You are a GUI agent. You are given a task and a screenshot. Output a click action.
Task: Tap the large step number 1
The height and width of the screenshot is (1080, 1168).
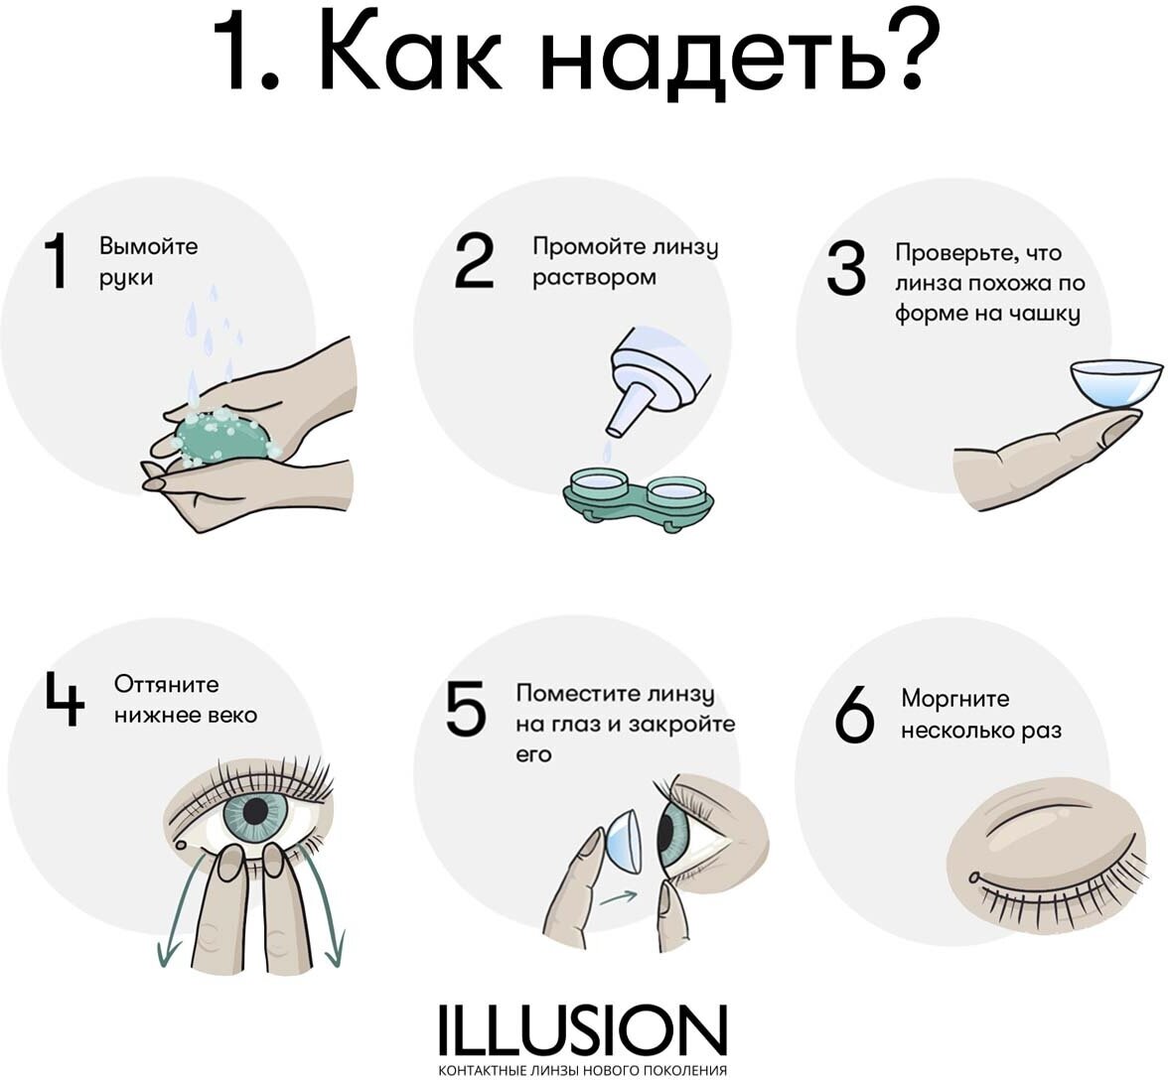[x=57, y=261]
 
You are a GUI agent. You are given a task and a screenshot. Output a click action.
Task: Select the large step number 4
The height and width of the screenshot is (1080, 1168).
[x=64, y=698]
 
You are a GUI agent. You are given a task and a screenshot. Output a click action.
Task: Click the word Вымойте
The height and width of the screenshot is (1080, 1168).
[x=149, y=245]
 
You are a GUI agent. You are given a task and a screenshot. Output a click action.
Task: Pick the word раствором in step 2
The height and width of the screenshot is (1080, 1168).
[x=594, y=278]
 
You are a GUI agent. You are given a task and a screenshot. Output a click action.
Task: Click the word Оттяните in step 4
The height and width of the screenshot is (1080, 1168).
[x=167, y=684]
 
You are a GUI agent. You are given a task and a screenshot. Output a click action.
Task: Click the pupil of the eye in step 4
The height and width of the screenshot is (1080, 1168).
[x=255, y=811]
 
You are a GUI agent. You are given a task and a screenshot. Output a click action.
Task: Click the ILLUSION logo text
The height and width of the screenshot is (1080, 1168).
[x=582, y=1031]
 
